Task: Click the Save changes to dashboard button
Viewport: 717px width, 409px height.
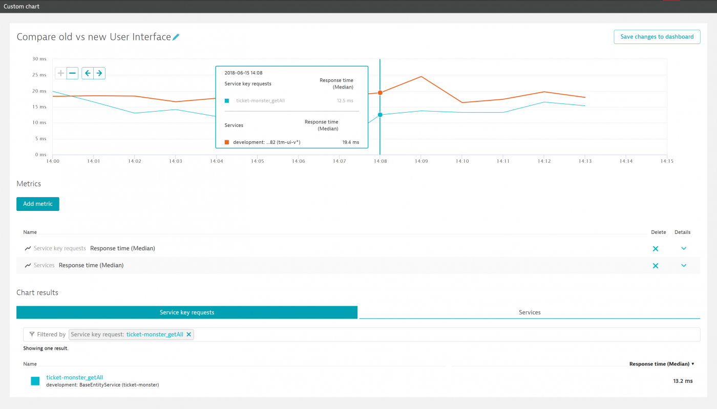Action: pyautogui.click(x=657, y=37)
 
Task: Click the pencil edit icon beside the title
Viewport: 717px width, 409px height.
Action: pyautogui.click(x=176, y=37)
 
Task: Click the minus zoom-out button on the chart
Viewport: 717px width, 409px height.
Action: pyautogui.click(x=73, y=73)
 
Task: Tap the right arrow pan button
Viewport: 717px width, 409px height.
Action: pyautogui.click(x=99, y=73)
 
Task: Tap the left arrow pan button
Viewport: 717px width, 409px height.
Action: pyautogui.click(x=88, y=73)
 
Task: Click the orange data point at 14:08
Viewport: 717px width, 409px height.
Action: pyautogui.click(x=380, y=93)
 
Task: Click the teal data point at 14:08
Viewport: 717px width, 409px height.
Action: pyautogui.click(x=380, y=115)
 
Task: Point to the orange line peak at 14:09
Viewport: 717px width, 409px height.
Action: pyautogui.click(x=421, y=77)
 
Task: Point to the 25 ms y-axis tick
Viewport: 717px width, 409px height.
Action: pyautogui.click(x=39, y=75)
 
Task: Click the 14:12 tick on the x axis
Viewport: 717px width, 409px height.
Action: pyautogui.click(x=544, y=161)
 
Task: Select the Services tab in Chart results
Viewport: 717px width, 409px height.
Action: pyautogui.click(x=530, y=312)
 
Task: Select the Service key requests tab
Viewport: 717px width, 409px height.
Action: pyautogui.click(x=187, y=312)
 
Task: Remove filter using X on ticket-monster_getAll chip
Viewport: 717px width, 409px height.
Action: pyautogui.click(x=189, y=334)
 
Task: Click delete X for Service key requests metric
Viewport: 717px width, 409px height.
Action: pyautogui.click(x=655, y=249)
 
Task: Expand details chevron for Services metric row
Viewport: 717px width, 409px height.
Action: pyautogui.click(x=684, y=266)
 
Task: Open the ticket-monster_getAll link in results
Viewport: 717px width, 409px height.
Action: pyautogui.click(x=75, y=377)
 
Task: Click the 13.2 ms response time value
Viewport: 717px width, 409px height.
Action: pyautogui.click(x=682, y=381)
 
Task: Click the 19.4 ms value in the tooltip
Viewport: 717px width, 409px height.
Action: pyautogui.click(x=350, y=142)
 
